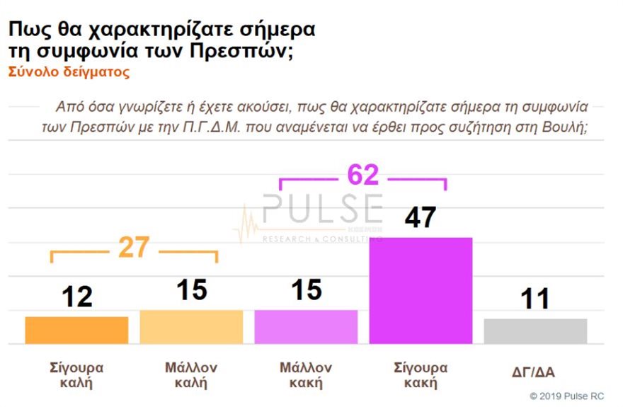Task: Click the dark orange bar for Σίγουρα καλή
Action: (76, 330)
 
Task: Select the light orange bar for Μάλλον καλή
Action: (191, 327)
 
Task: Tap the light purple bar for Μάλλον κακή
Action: (306, 327)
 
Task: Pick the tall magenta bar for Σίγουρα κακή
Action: (421, 291)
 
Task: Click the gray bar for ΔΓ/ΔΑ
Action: (535, 331)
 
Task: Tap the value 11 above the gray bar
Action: (535, 299)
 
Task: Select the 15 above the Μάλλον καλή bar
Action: (191, 290)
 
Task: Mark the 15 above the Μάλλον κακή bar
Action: (306, 290)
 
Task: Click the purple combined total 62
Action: (362, 175)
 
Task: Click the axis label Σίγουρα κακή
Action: (421, 376)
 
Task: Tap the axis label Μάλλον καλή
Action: (191, 376)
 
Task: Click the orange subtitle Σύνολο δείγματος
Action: (69, 71)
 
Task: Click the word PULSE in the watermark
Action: (322, 210)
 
